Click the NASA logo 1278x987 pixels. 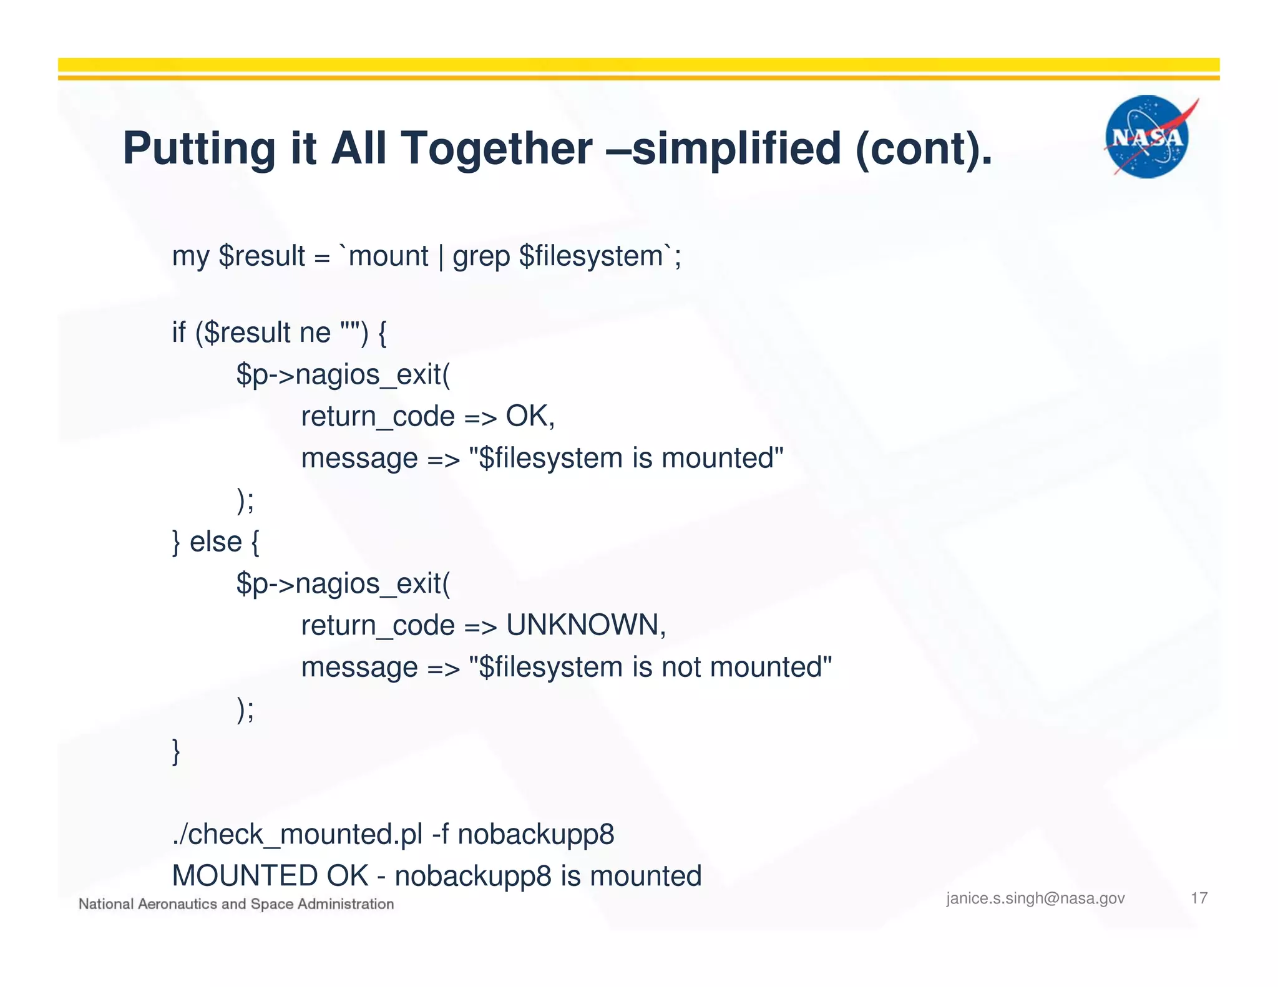[x=1147, y=137]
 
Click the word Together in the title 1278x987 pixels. [x=496, y=148]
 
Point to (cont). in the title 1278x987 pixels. [x=924, y=148]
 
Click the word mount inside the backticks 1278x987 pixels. [x=388, y=256]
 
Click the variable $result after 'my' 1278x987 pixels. [x=261, y=256]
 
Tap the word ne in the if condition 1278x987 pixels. [x=315, y=333]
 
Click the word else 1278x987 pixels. [x=215, y=542]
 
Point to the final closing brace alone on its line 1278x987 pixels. [x=177, y=751]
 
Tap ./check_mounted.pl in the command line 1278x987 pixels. [x=297, y=835]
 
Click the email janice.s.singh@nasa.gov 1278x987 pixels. [x=1035, y=898]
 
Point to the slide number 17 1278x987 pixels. [x=1199, y=898]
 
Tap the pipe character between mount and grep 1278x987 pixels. [x=441, y=257]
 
